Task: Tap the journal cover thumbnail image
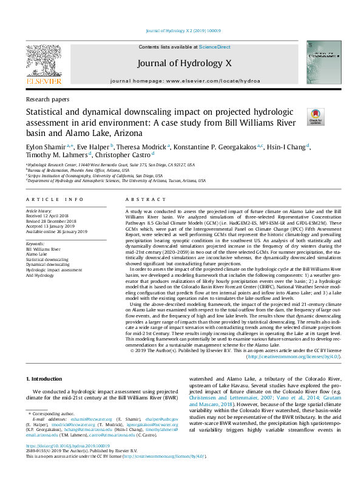319,62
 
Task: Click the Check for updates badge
315,117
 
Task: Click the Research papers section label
47,99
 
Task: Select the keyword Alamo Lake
37,254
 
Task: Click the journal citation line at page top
180,32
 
